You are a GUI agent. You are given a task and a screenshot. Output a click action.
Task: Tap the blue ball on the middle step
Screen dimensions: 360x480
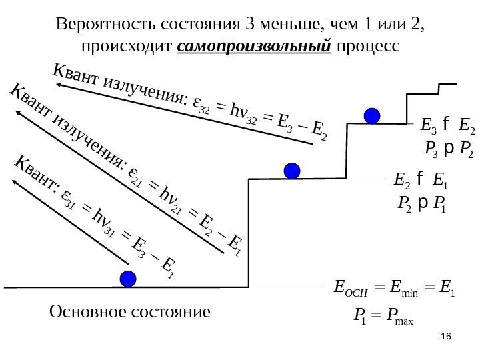click(291, 171)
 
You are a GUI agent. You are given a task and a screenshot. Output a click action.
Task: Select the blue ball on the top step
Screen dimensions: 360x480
click(372, 115)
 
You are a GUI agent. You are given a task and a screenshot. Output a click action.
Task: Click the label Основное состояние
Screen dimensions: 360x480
click(130, 311)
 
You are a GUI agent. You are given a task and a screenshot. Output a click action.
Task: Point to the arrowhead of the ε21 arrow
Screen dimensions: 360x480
click(18, 115)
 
